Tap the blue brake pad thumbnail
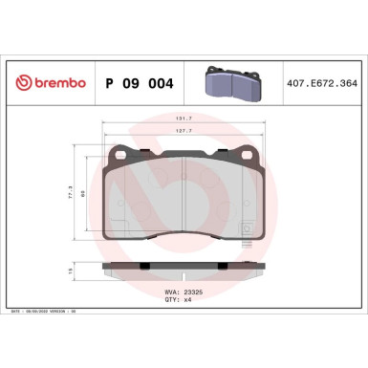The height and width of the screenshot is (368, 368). click(x=230, y=83)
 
